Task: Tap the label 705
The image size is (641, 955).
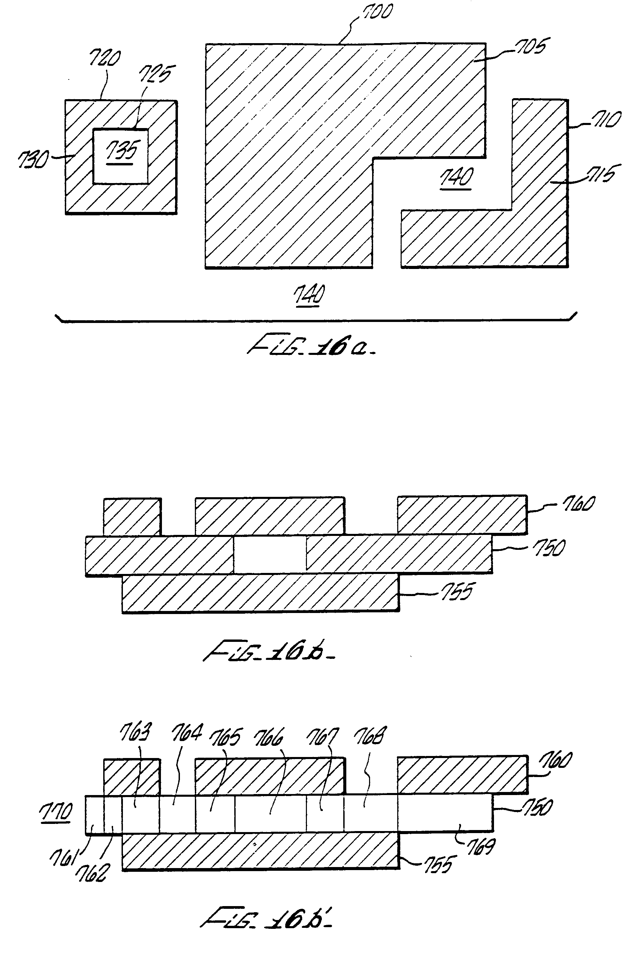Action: click(530, 46)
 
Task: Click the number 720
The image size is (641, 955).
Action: click(104, 58)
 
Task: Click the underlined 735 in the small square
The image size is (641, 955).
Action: click(121, 150)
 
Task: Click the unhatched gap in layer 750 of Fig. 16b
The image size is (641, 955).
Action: click(270, 554)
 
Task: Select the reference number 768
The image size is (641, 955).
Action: click(369, 735)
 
